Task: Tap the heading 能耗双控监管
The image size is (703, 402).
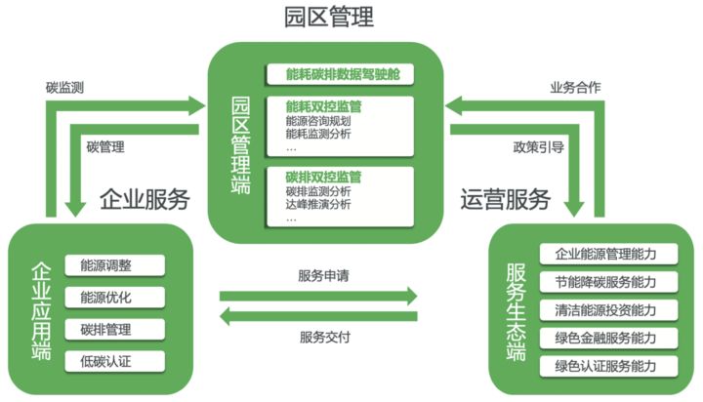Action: click(x=323, y=104)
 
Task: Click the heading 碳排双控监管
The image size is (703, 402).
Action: click(x=323, y=177)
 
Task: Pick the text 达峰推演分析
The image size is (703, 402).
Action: click(x=318, y=205)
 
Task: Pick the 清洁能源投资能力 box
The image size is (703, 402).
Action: click(x=604, y=310)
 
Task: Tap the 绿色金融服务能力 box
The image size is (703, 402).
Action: click(x=604, y=339)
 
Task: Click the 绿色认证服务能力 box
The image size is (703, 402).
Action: click(x=604, y=367)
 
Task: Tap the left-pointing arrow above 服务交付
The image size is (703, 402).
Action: click(x=318, y=315)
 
